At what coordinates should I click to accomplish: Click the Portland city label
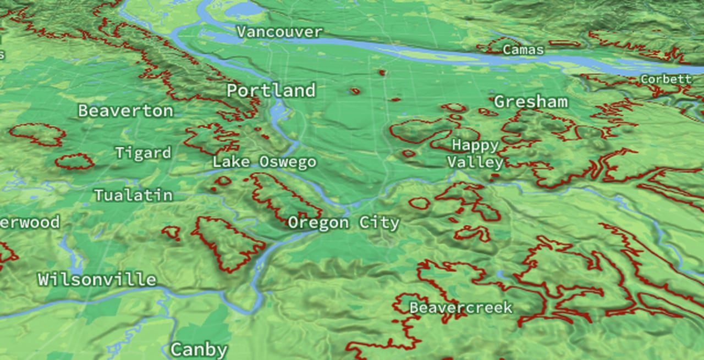(x=271, y=91)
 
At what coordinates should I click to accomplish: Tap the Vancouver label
(x=279, y=32)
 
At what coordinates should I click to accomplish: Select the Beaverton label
(x=125, y=111)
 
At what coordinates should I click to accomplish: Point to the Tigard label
(x=143, y=153)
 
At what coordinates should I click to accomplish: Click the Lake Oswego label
(x=264, y=162)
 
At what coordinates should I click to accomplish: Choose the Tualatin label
(x=133, y=195)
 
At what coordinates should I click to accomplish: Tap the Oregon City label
(x=343, y=223)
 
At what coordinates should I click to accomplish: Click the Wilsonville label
(x=97, y=279)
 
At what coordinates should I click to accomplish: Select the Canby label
(x=199, y=350)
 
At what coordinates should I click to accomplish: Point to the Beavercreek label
(x=461, y=308)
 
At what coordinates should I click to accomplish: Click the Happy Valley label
(x=475, y=154)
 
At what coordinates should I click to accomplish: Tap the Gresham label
(x=530, y=102)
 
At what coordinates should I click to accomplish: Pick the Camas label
(x=523, y=50)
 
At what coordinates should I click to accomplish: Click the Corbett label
(x=665, y=79)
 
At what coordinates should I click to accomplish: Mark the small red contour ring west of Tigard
(x=75, y=161)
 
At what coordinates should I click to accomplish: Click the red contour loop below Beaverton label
(x=37, y=134)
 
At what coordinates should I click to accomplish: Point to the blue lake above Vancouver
(x=245, y=9)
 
